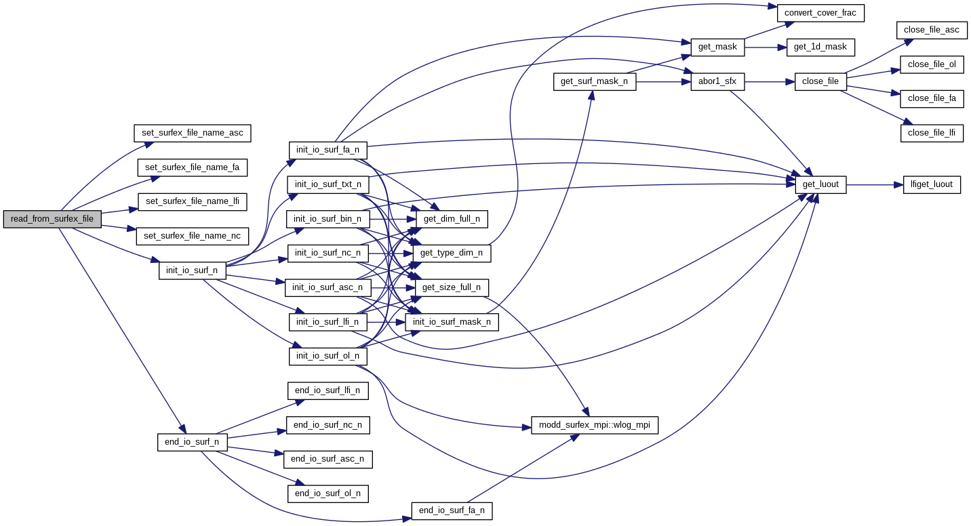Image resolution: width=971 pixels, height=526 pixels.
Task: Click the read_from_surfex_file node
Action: [52, 219]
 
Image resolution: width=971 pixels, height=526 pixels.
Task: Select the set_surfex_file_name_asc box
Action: [193, 133]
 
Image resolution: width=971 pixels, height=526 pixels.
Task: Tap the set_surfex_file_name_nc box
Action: [193, 236]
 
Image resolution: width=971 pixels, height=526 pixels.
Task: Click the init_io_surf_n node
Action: [192, 270]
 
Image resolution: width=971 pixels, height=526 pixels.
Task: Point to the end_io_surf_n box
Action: [192, 442]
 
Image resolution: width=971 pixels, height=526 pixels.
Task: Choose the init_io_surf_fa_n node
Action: [328, 150]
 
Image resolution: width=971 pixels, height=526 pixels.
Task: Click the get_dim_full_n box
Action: [452, 219]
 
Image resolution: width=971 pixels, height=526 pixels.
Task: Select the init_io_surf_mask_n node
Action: [452, 322]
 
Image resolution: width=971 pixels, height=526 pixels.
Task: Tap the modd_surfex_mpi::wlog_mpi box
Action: [595, 425]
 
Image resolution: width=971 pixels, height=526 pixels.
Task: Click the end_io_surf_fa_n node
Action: [452, 511]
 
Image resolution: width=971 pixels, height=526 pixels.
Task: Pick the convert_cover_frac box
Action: [820, 12]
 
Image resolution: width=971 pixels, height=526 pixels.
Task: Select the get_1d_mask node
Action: [820, 47]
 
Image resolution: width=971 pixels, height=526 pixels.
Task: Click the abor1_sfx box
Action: [717, 82]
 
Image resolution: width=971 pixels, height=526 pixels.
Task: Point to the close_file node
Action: [820, 81]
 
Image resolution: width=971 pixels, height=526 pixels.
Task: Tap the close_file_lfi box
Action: [932, 133]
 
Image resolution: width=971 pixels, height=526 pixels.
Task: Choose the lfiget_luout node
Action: [932, 184]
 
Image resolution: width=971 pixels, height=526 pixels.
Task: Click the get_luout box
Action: [820, 184]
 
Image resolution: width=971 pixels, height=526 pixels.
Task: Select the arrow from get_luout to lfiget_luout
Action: [875, 184]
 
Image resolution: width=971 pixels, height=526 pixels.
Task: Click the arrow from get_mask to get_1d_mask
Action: [766, 47]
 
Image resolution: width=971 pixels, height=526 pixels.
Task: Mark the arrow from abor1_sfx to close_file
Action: [770, 82]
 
